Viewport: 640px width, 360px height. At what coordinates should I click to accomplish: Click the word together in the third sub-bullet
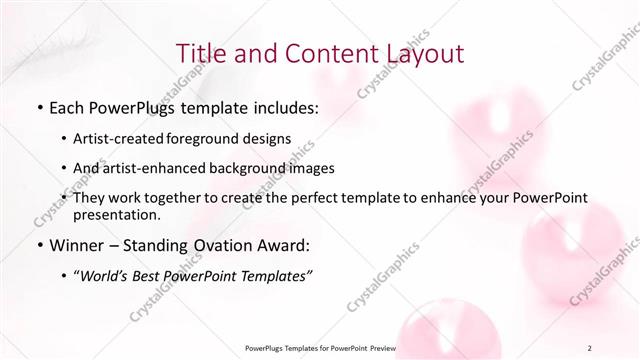pos(171,198)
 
